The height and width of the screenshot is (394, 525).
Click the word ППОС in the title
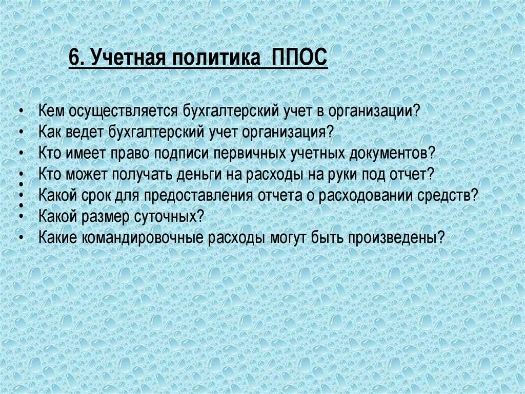point(299,57)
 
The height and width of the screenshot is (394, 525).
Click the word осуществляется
point(123,111)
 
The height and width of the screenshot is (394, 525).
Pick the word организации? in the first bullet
point(374,111)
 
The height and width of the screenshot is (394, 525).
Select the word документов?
point(392,154)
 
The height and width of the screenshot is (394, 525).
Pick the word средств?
point(447,196)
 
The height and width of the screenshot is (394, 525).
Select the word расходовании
point(365,196)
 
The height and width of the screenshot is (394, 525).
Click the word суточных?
point(169,217)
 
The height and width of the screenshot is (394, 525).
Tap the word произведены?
point(396,238)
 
